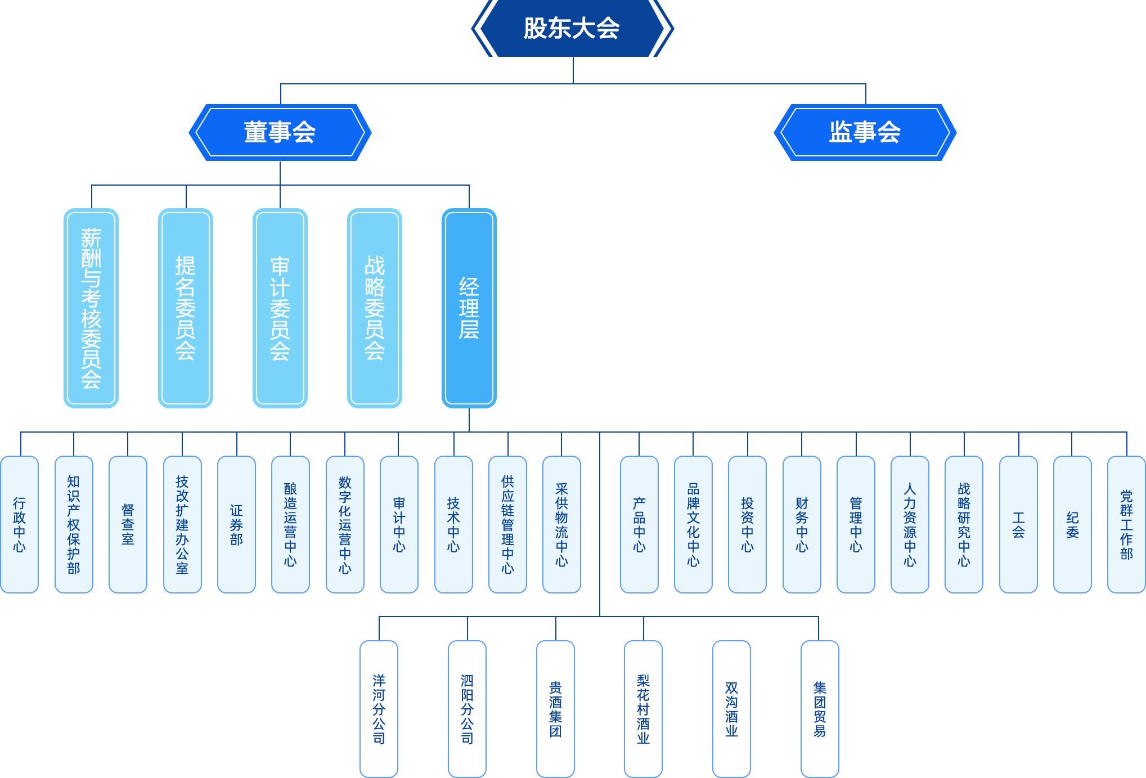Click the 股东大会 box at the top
[572, 28]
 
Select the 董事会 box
[280, 132]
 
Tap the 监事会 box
[865, 132]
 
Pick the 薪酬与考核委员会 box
[91, 308]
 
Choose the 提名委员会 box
[186, 308]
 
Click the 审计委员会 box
[280, 308]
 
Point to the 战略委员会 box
[375, 308]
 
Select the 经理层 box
[469, 308]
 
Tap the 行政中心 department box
[20, 524]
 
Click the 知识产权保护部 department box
[74, 524]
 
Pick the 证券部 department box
[236, 524]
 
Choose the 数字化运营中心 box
[345, 524]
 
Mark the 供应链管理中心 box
[507, 524]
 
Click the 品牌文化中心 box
[693, 524]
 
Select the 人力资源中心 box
[910, 524]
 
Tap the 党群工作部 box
[1126, 524]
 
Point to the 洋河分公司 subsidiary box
[379, 709]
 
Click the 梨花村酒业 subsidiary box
[643, 709]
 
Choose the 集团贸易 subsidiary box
[820, 709]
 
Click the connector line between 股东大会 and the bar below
[573, 70]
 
